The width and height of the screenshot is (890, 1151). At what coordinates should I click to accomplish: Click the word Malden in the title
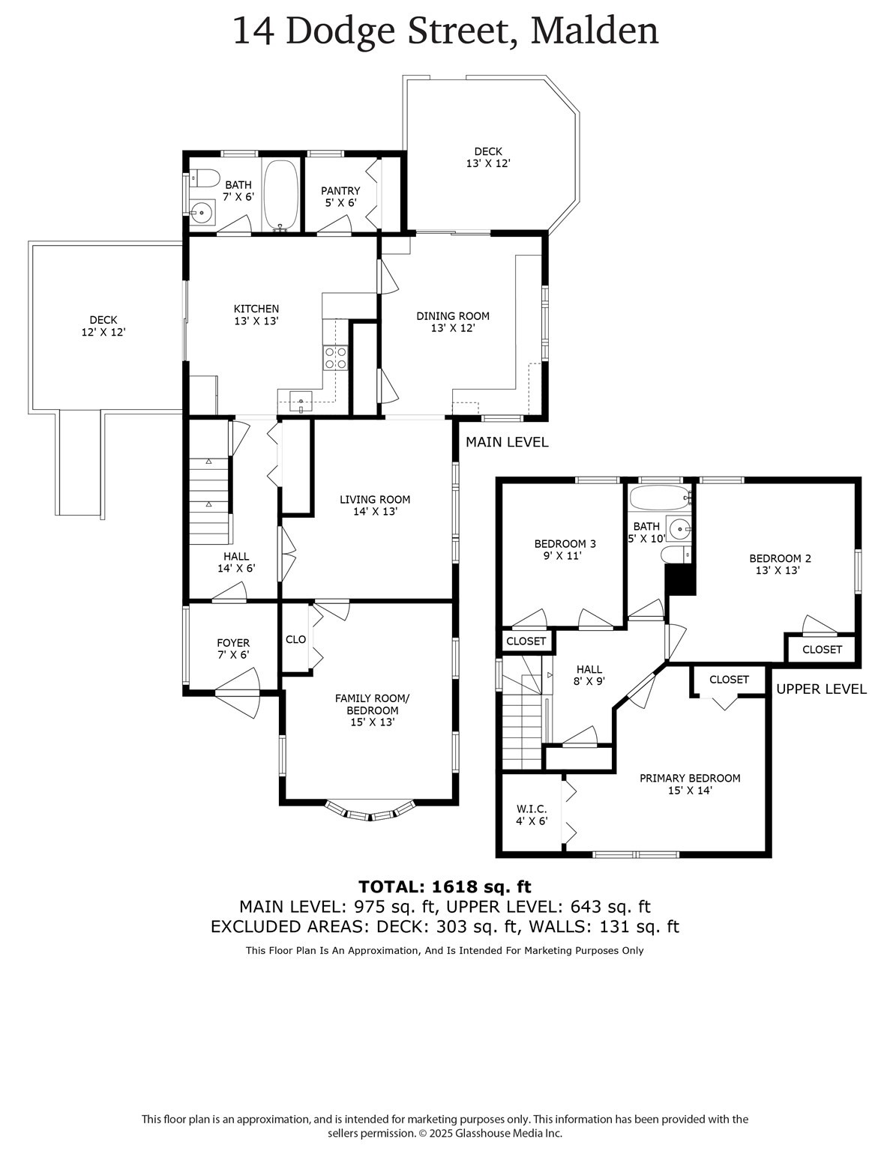pos(595,31)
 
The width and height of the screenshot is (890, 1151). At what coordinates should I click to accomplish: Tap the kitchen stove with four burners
pos(335,357)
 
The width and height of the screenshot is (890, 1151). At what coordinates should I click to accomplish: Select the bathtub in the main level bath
pos(280,195)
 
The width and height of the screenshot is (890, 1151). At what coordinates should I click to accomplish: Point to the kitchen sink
pos(301,402)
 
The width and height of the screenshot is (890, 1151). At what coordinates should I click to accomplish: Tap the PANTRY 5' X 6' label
pos(340,197)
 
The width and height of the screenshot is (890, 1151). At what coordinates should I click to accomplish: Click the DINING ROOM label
pos(453,321)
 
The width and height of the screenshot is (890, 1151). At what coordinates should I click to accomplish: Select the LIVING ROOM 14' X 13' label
pos(375,505)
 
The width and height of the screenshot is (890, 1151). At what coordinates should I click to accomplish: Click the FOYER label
pos(233,648)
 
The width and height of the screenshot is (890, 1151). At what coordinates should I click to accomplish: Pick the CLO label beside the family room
pos(295,639)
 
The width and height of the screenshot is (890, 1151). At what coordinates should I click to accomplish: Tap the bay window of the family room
pos(370,812)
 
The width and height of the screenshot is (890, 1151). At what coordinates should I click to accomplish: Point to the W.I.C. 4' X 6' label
pos(532,815)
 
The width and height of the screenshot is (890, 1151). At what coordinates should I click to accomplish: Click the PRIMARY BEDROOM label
pos(690,784)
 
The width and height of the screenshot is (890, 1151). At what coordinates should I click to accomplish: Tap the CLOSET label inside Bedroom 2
pos(822,650)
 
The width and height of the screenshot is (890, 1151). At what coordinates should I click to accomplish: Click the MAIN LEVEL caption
pos(507,442)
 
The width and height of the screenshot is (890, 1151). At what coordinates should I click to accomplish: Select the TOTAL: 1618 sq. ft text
pos(445,886)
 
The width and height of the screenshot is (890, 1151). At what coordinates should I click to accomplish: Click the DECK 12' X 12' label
pos(103,326)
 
